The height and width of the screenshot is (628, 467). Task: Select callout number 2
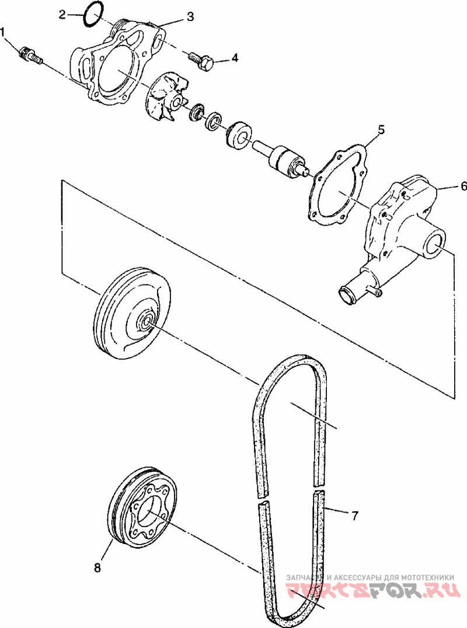point(62,15)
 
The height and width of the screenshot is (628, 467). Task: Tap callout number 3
point(190,16)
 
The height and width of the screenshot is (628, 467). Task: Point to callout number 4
point(235,58)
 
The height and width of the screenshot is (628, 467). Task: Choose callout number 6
point(463,186)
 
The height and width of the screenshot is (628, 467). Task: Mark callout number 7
point(354,516)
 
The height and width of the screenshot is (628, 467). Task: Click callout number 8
point(97,567)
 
